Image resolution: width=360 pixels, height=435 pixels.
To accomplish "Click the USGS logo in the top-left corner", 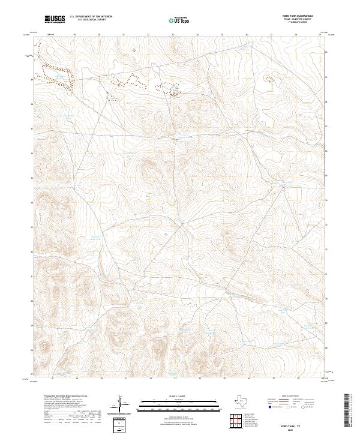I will [x=55, y=19].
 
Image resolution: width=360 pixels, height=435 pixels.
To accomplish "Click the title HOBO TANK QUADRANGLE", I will [x=300, y=16].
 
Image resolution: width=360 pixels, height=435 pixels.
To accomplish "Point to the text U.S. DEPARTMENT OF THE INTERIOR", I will [x=91, y=17].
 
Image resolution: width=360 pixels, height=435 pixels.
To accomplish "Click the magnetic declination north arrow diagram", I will [x=121, y=404].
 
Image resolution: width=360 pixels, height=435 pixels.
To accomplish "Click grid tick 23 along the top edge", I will [x=173, y=35].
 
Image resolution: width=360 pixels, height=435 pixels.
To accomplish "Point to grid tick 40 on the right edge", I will [x=326, y=52].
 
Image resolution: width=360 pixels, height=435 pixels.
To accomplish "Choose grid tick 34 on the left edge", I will [x=32, y=202].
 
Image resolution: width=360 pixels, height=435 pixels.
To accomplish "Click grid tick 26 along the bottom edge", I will [x=249, y=379].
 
